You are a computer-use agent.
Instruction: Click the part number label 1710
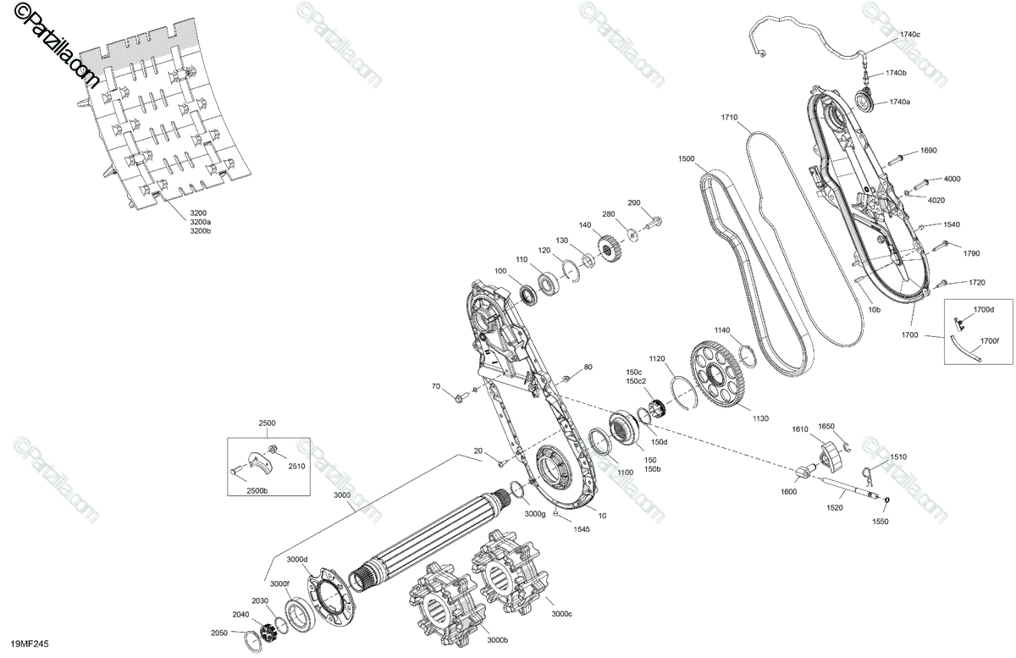pos(730,117)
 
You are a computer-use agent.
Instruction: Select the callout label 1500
pos(686,158)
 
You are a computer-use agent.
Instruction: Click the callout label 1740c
pos(909,34)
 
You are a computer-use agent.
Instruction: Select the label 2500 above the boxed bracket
pos(268,422)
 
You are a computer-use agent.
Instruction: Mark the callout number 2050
pos(219,633)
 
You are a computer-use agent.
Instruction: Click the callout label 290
pos(634,202)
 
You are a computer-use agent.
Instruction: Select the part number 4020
pos(936,200)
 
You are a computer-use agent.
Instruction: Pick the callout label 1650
pos(826,426)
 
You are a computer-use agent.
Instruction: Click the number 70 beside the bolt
pos(436,387)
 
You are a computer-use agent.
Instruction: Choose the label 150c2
pos(636,381)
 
